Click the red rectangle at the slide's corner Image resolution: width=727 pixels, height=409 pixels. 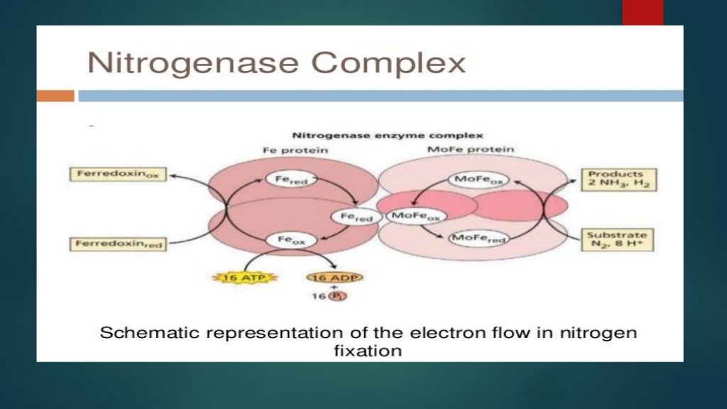(x=643, y=12)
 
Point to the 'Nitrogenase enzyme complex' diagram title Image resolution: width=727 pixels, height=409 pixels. (x=388, y=135)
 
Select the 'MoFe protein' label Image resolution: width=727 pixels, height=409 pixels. (x=471, y=149)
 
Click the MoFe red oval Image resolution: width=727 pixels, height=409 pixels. (x=479, y=239)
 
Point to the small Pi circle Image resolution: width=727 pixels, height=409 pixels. (x=337, y=296)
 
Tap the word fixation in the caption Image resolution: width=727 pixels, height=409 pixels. (x=367, y=351)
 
